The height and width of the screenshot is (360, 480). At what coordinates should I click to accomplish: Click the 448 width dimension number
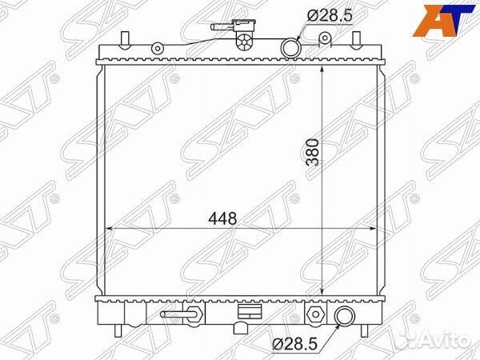click(x=222, y=218)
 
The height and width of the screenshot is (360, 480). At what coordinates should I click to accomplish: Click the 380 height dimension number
click(x=313, y=152)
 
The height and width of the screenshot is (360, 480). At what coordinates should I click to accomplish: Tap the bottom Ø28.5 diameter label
click(x=294, y=344)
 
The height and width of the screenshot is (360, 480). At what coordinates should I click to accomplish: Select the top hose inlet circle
click(x=290, y=48)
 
